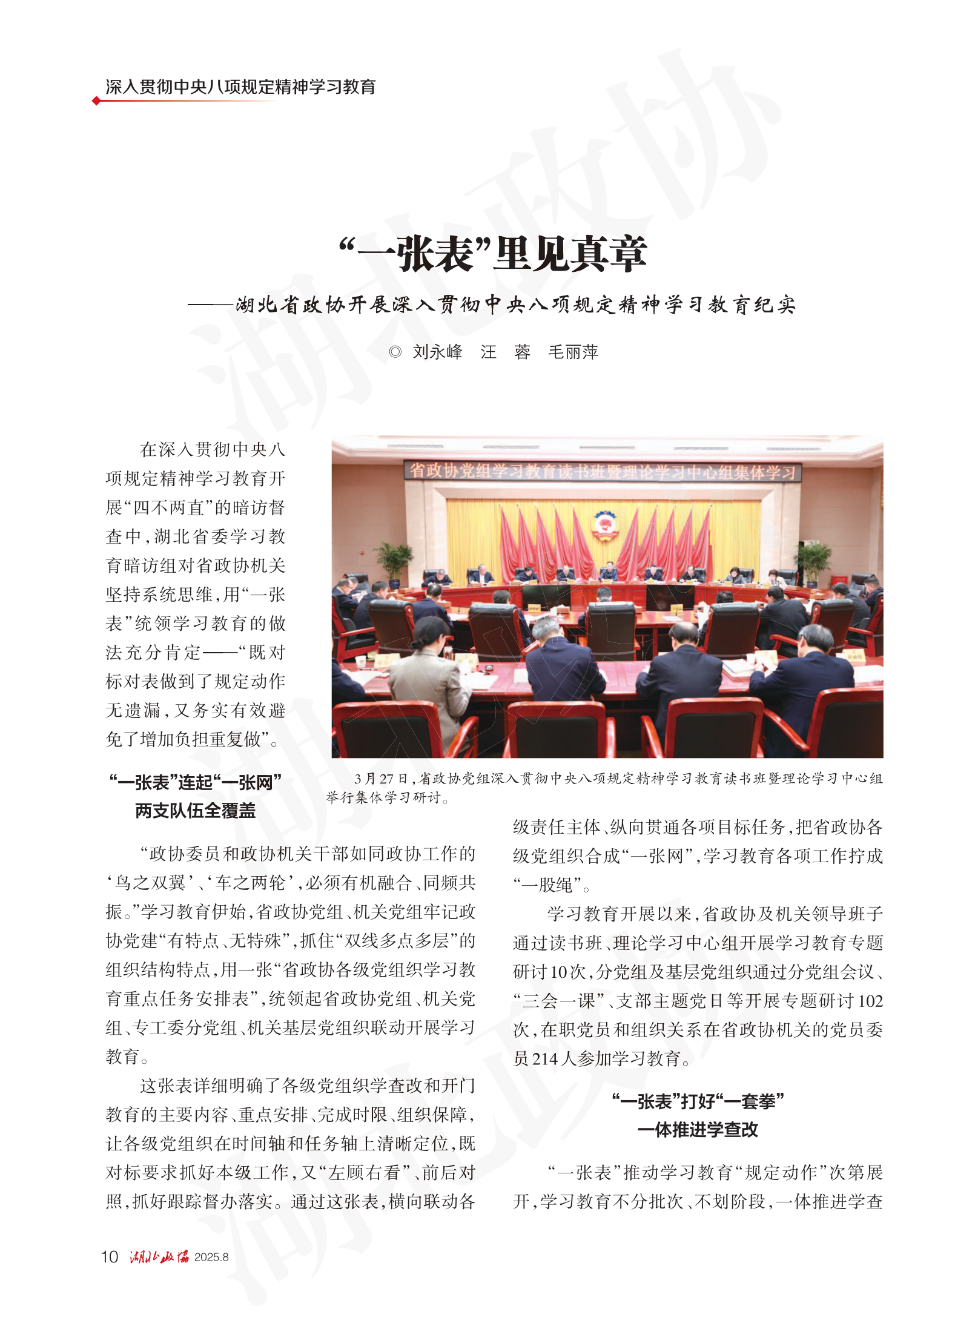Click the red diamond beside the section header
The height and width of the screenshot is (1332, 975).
click(x=96, y=101)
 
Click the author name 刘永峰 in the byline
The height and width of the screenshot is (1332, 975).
click(x=437, y=352)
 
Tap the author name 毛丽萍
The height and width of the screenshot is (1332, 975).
click(x=573, y=352)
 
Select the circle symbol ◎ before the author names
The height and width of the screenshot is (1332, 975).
click(x=395, y=352)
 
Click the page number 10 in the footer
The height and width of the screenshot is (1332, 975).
click(x=110, y=1257)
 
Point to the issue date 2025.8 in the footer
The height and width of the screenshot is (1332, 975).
click(x=211, y=1258)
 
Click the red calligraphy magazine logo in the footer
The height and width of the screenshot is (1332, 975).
click(x=159, y=1257)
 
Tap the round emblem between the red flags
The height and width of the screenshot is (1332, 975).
click(x=603, y=524)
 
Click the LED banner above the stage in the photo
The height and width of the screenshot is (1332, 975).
click(x=603, y=472)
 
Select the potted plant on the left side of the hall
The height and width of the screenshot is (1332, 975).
click(x=394, y=560)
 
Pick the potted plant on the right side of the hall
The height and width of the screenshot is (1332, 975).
click(x=814, y=562)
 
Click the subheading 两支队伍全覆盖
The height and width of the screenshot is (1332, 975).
click(x=195, y=811)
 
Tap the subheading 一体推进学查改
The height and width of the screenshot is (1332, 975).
click(x=698, y=1130)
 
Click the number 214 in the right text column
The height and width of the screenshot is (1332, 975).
click(x=544, y=1059)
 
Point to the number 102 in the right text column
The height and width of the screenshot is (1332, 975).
click(x=870, y=1001)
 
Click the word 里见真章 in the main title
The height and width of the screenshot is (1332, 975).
click(x=570, y=254)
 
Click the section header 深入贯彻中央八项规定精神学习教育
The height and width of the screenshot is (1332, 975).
click(x=240, y=87)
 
